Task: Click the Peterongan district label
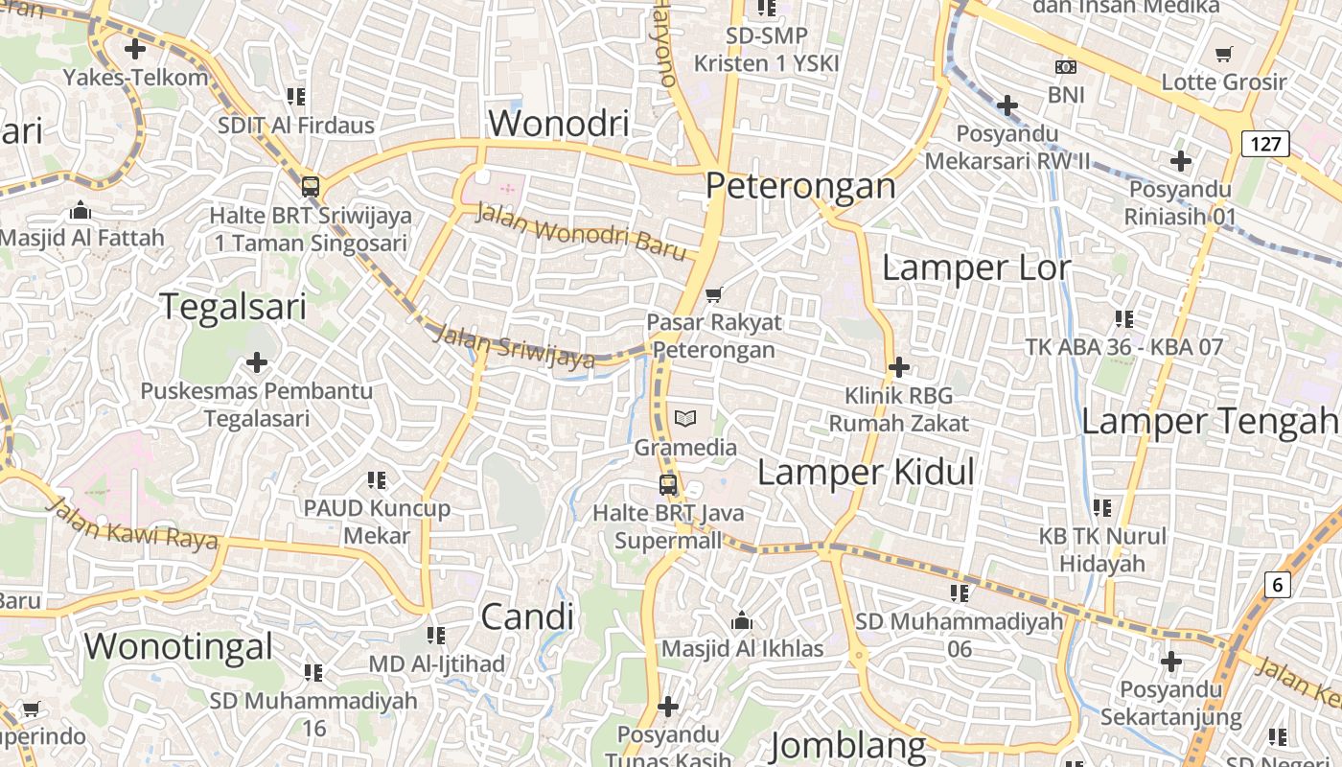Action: click(800, 185)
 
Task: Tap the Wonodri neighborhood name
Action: click(559, 123)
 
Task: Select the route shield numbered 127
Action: click(1265, 144)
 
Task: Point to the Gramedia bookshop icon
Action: click(685, 418)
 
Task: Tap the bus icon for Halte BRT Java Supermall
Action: click(668, 485)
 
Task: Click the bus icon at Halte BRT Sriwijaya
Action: click(311, 186)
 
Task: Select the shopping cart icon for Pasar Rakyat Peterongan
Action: click(713, 293)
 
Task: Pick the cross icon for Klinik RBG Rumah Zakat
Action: click(899, 366)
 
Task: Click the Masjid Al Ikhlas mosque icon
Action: click(741, 621)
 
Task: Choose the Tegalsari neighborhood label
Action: click(233, 307)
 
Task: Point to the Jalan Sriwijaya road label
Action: click(514, 347)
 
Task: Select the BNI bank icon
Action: click(1065, 67)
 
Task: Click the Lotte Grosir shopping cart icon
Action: click(1223, 54)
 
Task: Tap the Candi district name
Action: click(527, 616)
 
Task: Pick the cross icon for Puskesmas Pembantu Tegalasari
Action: click(257, 362)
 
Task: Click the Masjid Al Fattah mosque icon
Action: click(81, 209)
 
